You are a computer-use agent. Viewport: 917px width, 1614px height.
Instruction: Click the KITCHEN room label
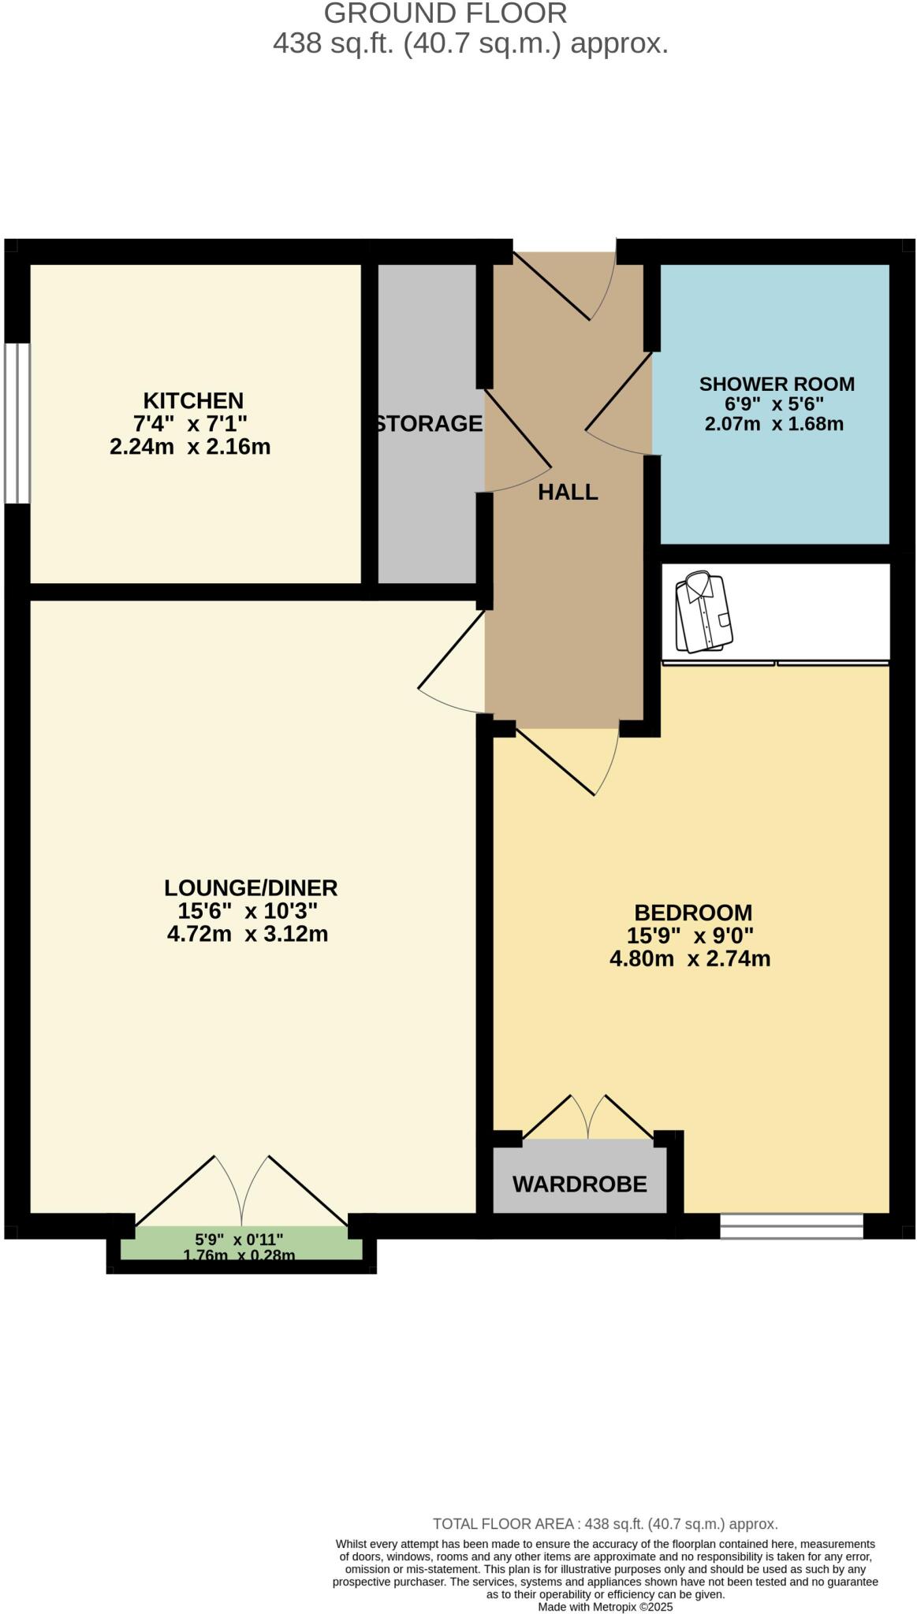coord(192,400)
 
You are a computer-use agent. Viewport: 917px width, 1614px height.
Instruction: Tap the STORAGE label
coord(428,424)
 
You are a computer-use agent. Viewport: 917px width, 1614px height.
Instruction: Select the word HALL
coord(568,493)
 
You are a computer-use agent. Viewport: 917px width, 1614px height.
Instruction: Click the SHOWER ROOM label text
coord(777,385)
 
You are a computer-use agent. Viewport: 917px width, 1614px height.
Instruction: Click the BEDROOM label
coord(693,913)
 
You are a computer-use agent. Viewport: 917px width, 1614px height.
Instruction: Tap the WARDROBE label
coord(580,1184)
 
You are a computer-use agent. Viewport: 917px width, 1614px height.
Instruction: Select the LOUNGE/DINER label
coord(251,888)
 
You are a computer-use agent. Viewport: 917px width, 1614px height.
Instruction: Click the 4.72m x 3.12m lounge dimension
coord(248,935)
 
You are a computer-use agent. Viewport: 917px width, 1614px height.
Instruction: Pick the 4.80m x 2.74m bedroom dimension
coord(690,959)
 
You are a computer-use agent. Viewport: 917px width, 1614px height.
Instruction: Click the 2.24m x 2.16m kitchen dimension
coord(190,447)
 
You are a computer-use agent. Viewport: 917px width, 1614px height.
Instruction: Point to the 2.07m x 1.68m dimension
coord(773,424)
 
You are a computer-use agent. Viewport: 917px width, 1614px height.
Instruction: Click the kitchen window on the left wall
coord(17,422)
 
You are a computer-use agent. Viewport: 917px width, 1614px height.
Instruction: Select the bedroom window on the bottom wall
coord(791,1226)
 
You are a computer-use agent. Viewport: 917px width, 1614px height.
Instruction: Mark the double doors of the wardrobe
coord(587,1118)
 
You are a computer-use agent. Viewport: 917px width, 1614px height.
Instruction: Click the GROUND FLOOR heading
coord(445,13)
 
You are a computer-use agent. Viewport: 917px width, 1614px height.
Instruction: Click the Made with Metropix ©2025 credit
coord(605,1606)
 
